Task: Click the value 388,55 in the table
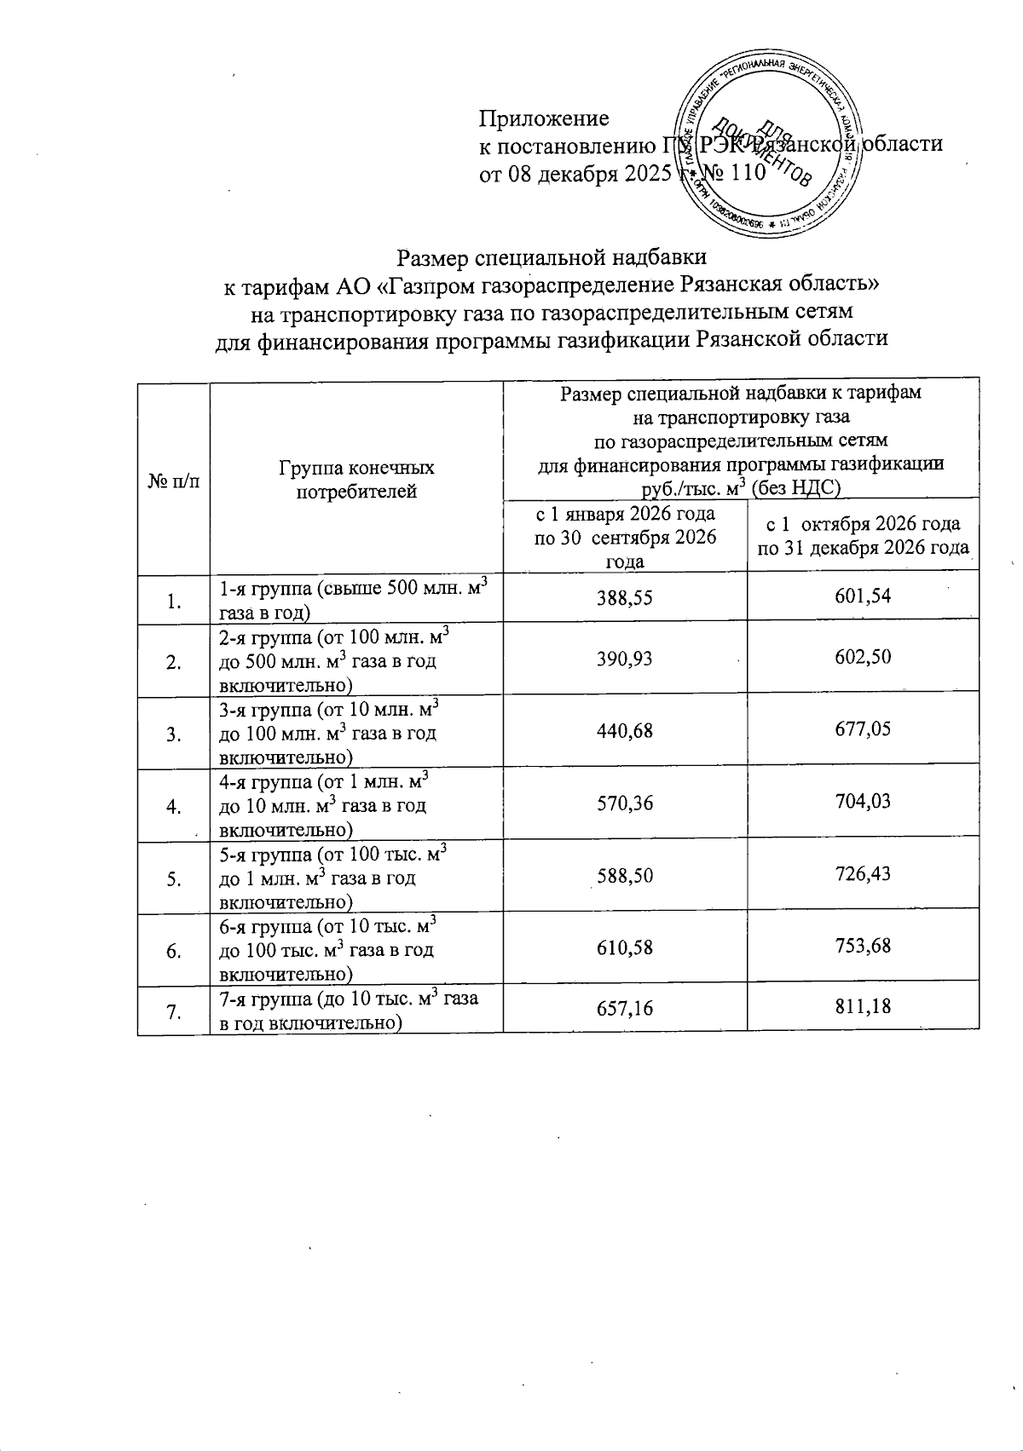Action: pos(625,597)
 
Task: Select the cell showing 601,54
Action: pos(863,597)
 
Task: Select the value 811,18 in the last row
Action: pos(863,1007)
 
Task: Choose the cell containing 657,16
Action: pos(625,1007)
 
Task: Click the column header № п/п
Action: pos(173,481)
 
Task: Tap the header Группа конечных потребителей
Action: pos(356,480)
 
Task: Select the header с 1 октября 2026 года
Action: pos(863,535)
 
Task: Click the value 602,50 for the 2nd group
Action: pos(863,657)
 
